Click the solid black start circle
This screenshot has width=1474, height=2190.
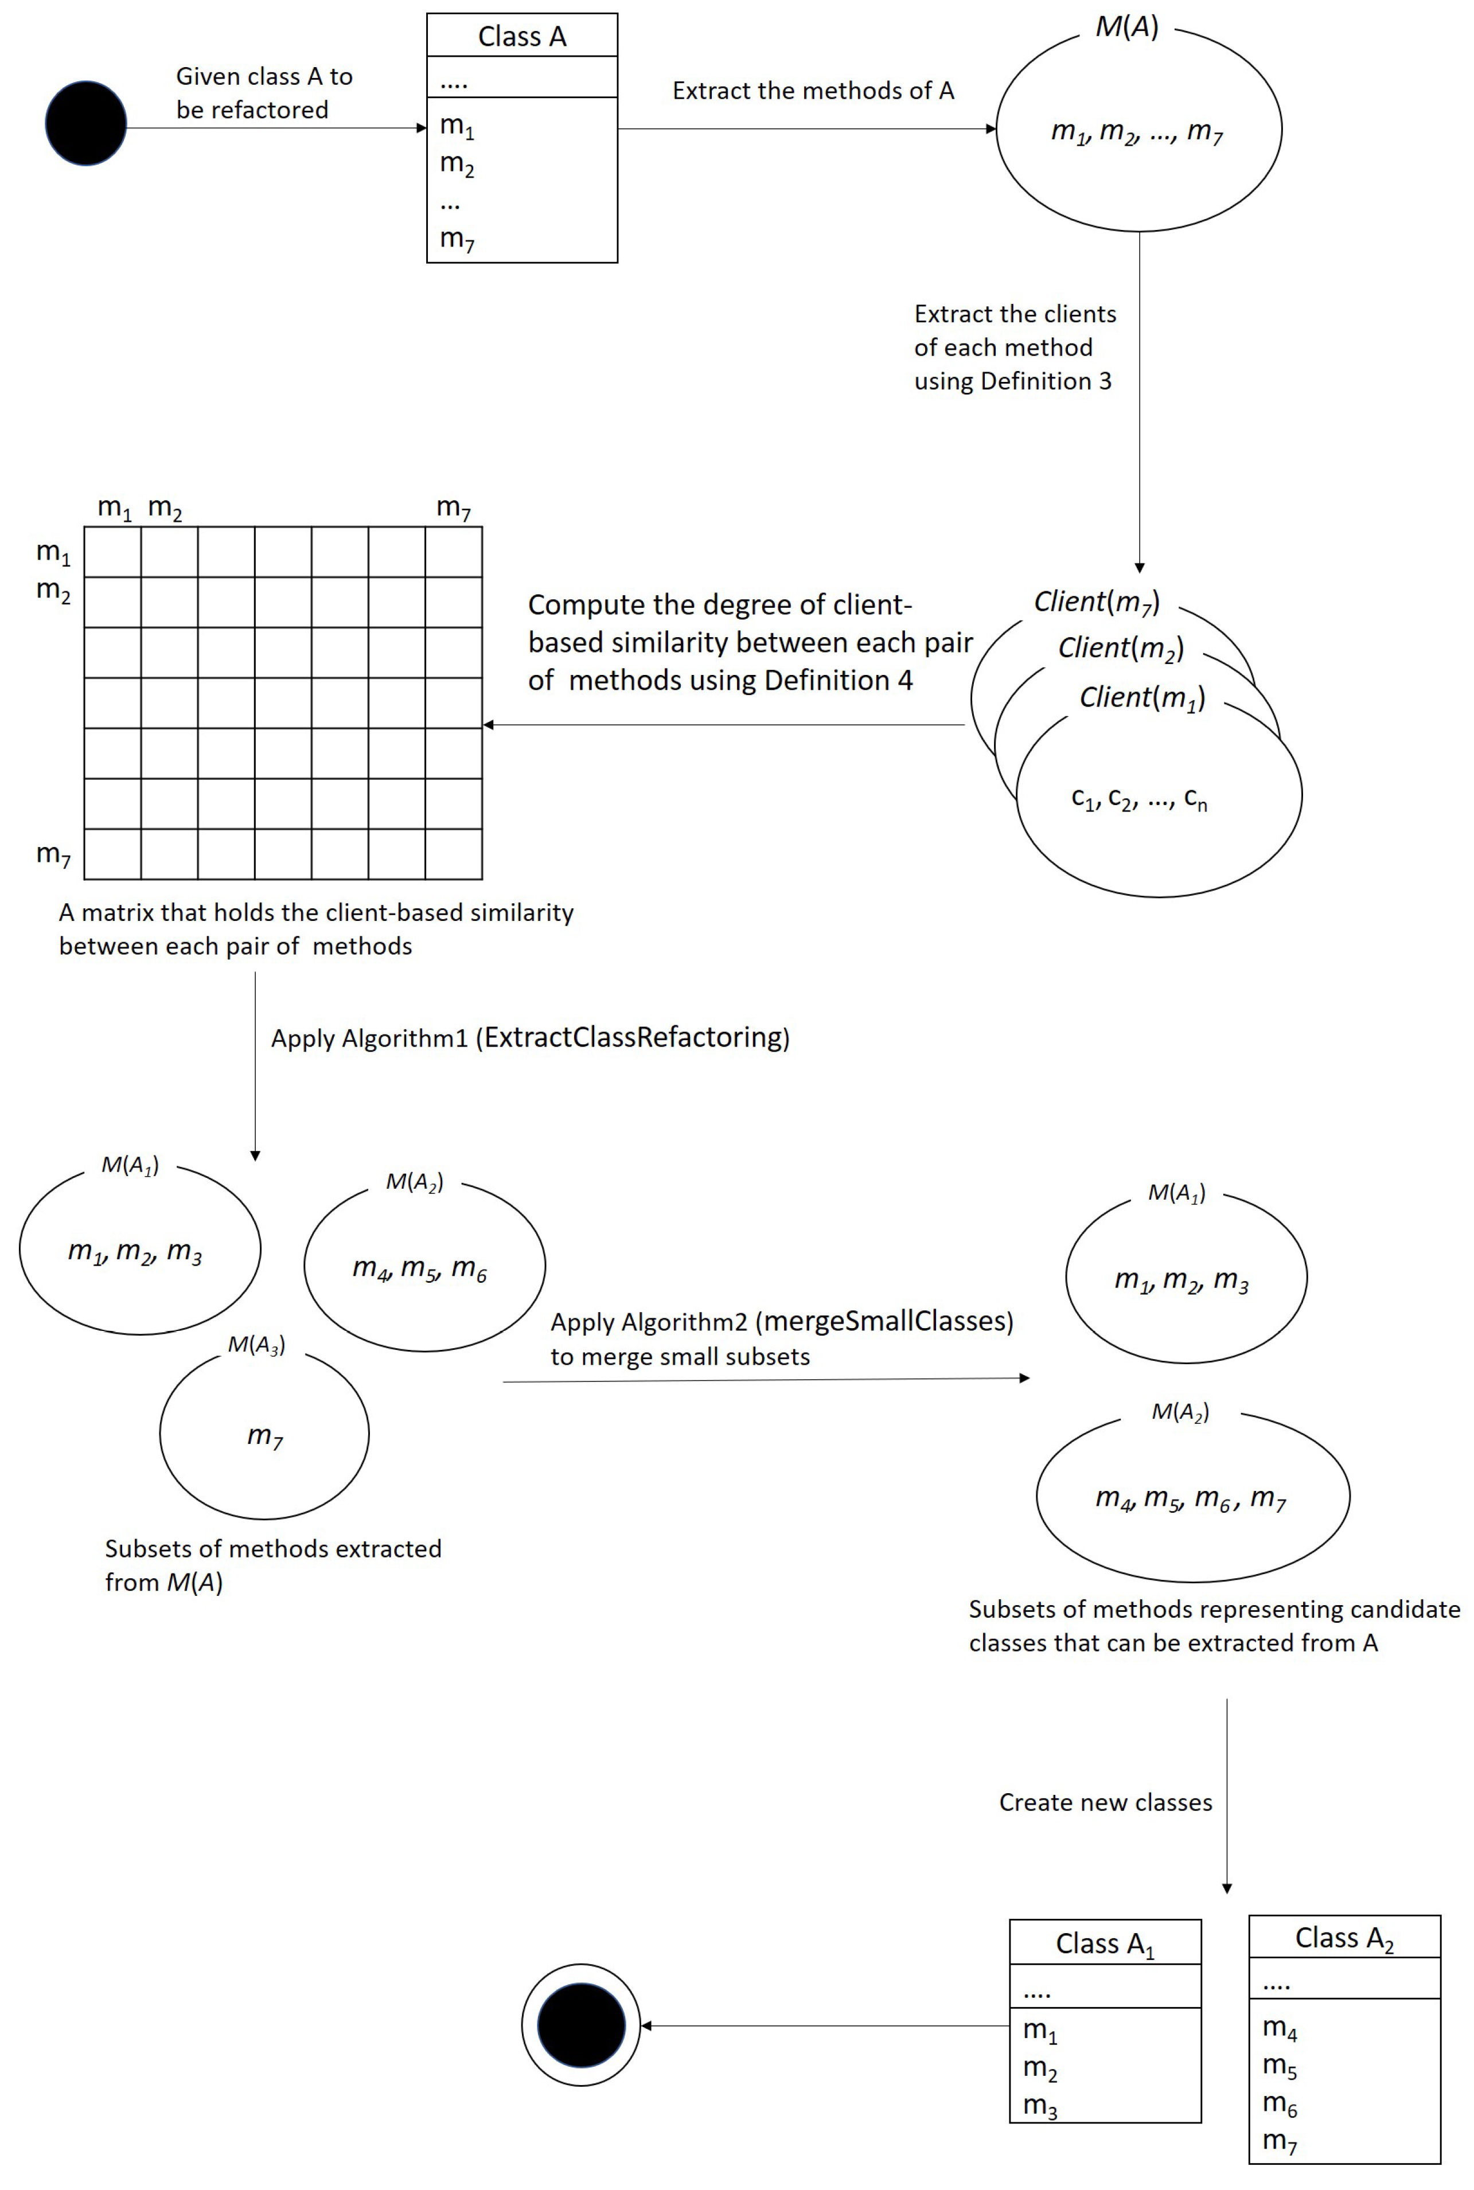[x=85, y=123]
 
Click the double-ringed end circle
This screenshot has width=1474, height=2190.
[x=581, y=2025]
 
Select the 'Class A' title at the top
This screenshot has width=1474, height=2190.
[x=522, y=37]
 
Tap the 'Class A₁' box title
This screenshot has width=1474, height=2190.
[x=1105, y=1943]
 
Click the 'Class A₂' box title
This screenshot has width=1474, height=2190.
[x=1344, y=1937]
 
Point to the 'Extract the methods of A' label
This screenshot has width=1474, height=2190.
[x=813, y=91]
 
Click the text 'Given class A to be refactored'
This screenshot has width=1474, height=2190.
[x=264, y=93]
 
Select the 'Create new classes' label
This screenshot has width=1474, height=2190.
[x=1106, y=1802]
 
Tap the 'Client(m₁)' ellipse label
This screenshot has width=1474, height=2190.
[x=1142, y=697]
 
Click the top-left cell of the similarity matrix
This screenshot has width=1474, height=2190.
[x=113, y=552]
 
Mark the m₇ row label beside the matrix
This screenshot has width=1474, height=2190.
[x=53, y=853]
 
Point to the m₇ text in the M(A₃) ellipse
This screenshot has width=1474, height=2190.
[x=265, y=1435]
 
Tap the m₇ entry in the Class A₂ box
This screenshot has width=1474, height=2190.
[x=1280, y=2141]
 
